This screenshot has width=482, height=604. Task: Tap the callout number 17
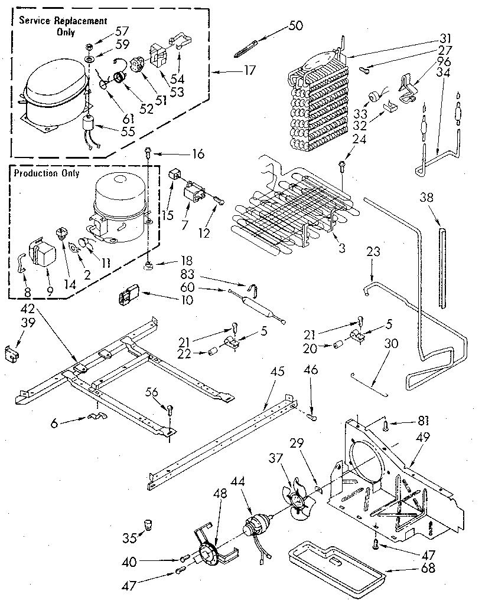coord(249,71)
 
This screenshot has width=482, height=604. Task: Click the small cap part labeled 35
coord(146,524)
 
